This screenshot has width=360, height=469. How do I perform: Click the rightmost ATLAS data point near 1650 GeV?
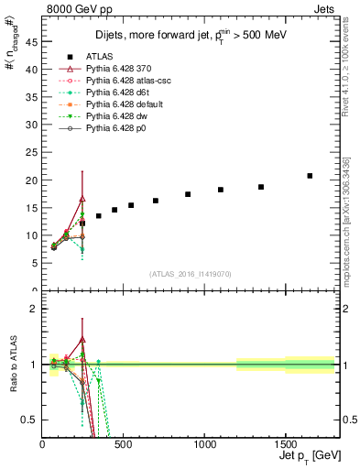310,176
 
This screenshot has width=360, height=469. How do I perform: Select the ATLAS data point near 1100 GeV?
221,190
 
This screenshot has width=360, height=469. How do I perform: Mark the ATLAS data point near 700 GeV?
156,201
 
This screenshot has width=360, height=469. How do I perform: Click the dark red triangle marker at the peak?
82,199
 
